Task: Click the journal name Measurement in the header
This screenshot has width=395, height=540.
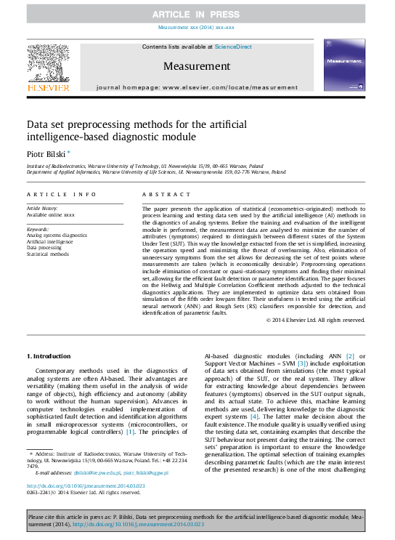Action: click(x=196, y=65)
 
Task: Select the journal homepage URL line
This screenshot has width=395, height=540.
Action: click(x=197, y=86)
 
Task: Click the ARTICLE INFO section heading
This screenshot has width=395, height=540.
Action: click(x=62, y=195)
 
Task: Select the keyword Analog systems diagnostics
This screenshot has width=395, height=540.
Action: click(x=57, y=235)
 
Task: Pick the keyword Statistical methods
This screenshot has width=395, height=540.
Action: click(x=48, y=254)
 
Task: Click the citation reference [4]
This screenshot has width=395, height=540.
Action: click(x=254, y=416)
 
